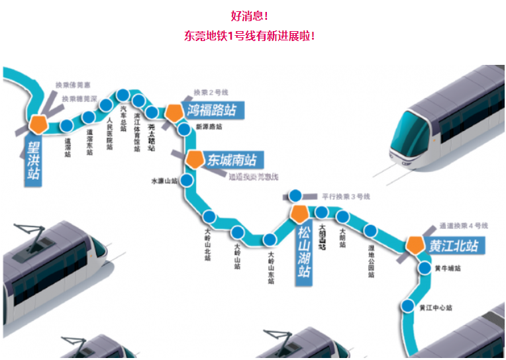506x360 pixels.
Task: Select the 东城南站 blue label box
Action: [232, 160]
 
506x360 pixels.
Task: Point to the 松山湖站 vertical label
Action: [303, 252]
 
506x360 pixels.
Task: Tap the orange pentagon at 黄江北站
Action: [415, 245]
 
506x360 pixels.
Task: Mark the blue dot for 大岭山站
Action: [238, 232]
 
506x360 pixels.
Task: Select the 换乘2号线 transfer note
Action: [211, 92]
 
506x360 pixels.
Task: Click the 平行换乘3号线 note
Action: [346, 197]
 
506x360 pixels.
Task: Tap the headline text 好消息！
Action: [250, 15]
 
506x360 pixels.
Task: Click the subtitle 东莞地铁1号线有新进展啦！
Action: [250, 36]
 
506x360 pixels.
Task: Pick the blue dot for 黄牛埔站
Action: [425, 268]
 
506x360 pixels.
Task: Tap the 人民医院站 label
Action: [110, 134]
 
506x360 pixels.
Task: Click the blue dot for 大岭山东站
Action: [270, 240]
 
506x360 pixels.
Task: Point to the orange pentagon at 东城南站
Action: [194, 159]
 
